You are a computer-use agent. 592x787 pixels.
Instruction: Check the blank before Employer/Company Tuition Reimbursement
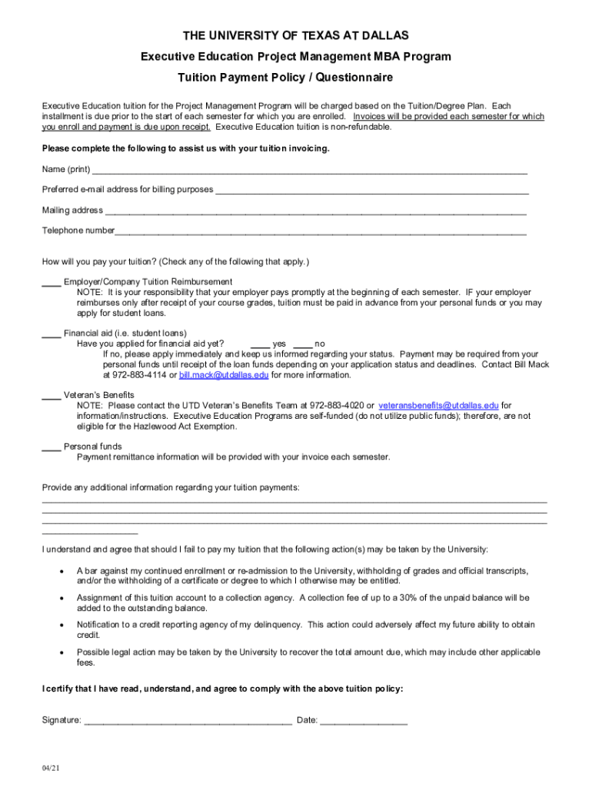(52, 283)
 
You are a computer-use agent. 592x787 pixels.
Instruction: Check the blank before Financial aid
(52, 334)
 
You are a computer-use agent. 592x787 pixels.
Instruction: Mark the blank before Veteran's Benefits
(52, 396)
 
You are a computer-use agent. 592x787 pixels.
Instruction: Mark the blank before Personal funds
(52, 447)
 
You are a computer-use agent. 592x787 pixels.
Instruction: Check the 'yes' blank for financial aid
(260, 344)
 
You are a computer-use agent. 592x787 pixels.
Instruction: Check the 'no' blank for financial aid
(303, 344)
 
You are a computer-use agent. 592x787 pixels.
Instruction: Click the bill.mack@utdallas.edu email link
(224, 375)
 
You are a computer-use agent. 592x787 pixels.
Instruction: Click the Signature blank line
(188, 722)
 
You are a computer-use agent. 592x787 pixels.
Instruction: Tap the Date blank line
(364, 722)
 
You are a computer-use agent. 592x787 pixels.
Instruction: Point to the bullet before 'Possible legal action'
(61, 653)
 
